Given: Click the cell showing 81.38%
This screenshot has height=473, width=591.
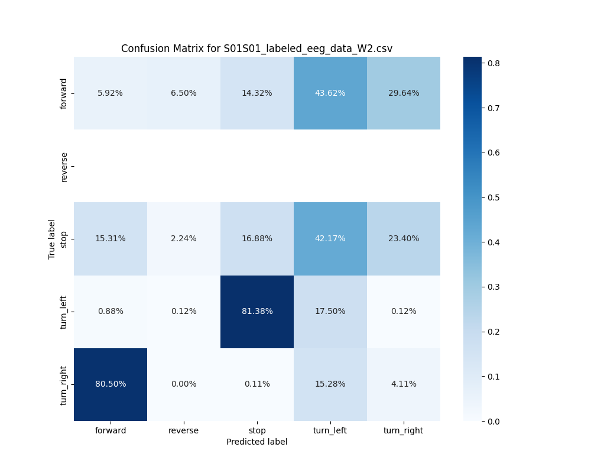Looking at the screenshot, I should click(x=257, y=312).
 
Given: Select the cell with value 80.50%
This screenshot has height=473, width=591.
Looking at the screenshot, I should click(x=111, y=384).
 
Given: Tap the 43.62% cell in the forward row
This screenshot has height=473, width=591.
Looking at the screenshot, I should click(x=330, y=93).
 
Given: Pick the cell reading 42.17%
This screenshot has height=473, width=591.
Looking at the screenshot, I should click(x=330, y=239).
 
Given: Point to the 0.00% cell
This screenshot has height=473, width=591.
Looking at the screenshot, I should click(x=184, y=384).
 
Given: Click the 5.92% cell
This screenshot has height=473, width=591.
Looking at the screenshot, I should click(x=111, y=93).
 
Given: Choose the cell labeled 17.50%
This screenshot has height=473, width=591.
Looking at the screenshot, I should click(x=330, y=312).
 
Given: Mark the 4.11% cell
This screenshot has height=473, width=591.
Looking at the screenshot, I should click(x=404, y=384).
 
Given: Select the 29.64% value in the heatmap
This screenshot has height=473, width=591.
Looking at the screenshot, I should click(x=404, y=93).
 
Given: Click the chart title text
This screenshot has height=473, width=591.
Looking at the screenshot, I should click(x=256, y=48).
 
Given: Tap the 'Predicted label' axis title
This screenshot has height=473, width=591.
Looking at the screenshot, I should click(x=256, y=442).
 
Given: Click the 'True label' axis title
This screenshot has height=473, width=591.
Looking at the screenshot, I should click(x=52, y=239).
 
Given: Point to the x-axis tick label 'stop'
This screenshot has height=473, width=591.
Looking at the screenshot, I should click(x=257, y=430).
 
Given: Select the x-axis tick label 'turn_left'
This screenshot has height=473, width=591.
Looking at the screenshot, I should click(x=330, y=430).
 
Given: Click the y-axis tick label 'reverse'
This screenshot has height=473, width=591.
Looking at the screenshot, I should click(x=64, y=166).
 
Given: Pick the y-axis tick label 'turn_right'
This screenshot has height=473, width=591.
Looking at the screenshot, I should click(x=64, y=384).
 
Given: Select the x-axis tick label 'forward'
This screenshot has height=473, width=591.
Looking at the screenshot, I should click(x=111, y=430).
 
